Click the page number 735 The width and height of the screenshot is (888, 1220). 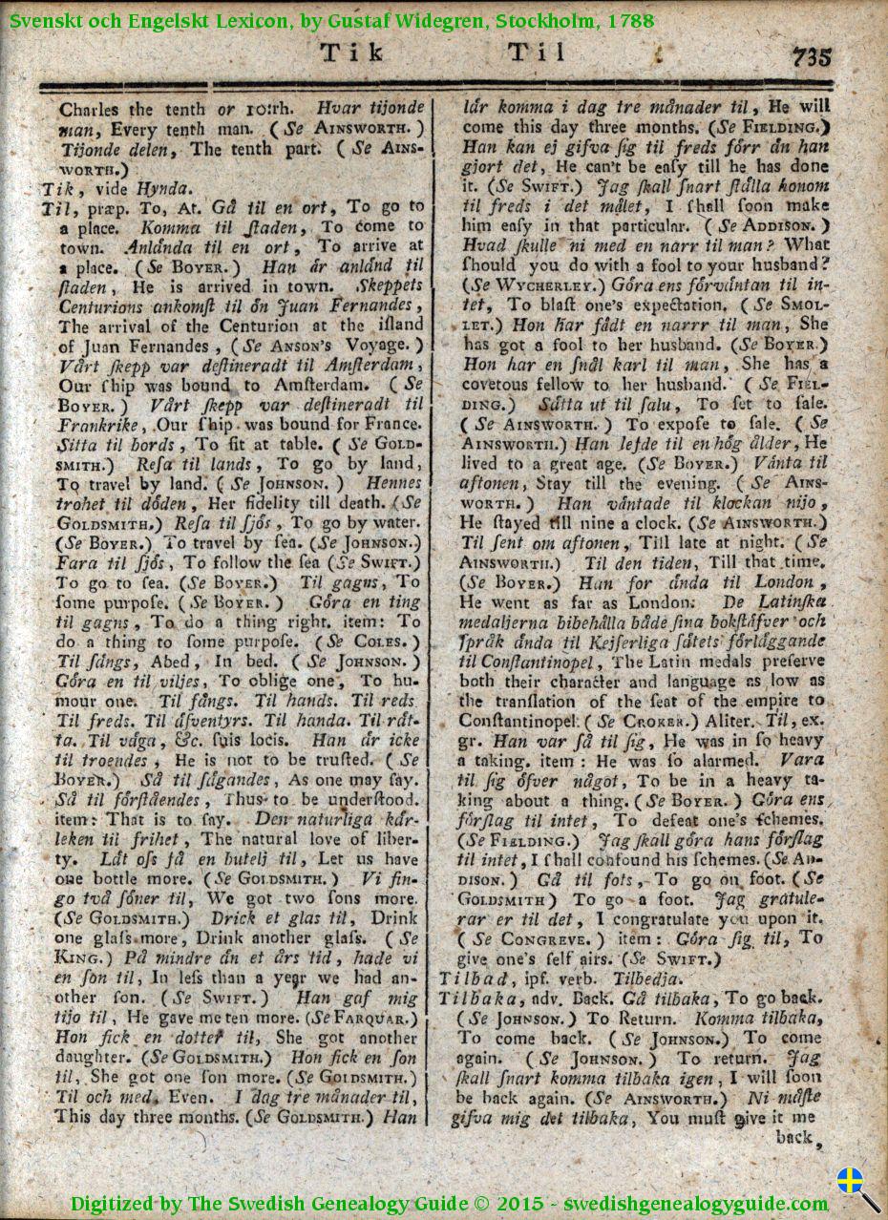[811, 56]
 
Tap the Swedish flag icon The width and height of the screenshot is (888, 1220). [850, 1181]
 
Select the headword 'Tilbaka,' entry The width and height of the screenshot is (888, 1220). [474, 998]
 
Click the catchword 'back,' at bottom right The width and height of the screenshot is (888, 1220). [794, 1137]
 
